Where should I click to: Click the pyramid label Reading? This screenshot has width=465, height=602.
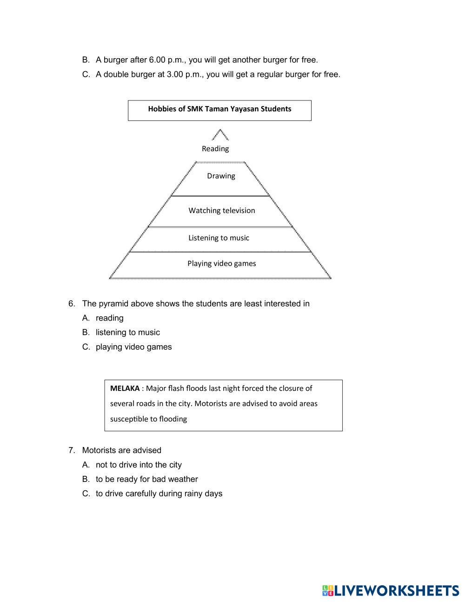[215, 149]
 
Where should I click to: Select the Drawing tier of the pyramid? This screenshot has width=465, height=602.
[221, 176]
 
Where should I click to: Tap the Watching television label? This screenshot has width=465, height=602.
[222, 211]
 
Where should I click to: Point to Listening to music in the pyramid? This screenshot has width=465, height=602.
[219, 238]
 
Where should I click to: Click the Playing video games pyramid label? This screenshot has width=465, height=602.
[222, 264]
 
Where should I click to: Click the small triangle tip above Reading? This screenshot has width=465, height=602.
[220, 135]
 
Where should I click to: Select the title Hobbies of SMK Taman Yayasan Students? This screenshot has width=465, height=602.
[219, 109]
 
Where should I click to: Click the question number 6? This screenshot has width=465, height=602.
[71, 304]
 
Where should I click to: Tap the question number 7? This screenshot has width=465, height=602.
[71, 450]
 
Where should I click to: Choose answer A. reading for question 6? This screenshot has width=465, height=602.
[109, 318]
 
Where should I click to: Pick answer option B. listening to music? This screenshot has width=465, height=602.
[127, 333]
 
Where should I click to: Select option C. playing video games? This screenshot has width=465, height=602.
[133, 347]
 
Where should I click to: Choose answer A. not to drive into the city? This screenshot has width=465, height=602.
[139, 465]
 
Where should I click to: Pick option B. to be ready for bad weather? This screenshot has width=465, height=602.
[146, 479]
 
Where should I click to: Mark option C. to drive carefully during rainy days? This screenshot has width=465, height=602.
[159, 494]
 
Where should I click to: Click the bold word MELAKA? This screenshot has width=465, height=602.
[125, 388]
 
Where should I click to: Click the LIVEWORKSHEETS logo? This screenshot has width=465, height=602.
[391, 591]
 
